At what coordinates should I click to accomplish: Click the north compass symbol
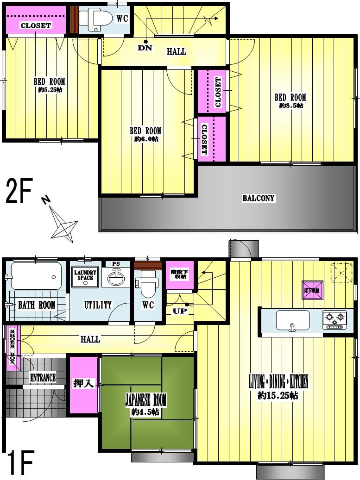click(x=63, y=224)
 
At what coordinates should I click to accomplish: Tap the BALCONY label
click(x=259, y=199)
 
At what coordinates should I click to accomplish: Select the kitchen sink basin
click(x=292, y=319)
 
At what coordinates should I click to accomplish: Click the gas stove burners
click(x=335, y=318)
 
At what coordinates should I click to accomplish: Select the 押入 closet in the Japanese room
click(x=84, y=383)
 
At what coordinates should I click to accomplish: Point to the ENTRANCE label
click(x=43, y=378)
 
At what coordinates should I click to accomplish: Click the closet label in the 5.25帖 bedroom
click(x=36, y=25)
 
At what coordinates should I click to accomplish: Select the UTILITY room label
click(x=98, y=305)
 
